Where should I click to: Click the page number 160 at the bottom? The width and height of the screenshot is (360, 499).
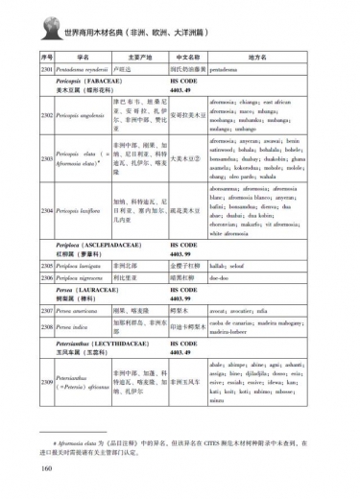tap(46, 468)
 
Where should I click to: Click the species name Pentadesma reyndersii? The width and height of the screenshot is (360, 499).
tap(82, 70)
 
